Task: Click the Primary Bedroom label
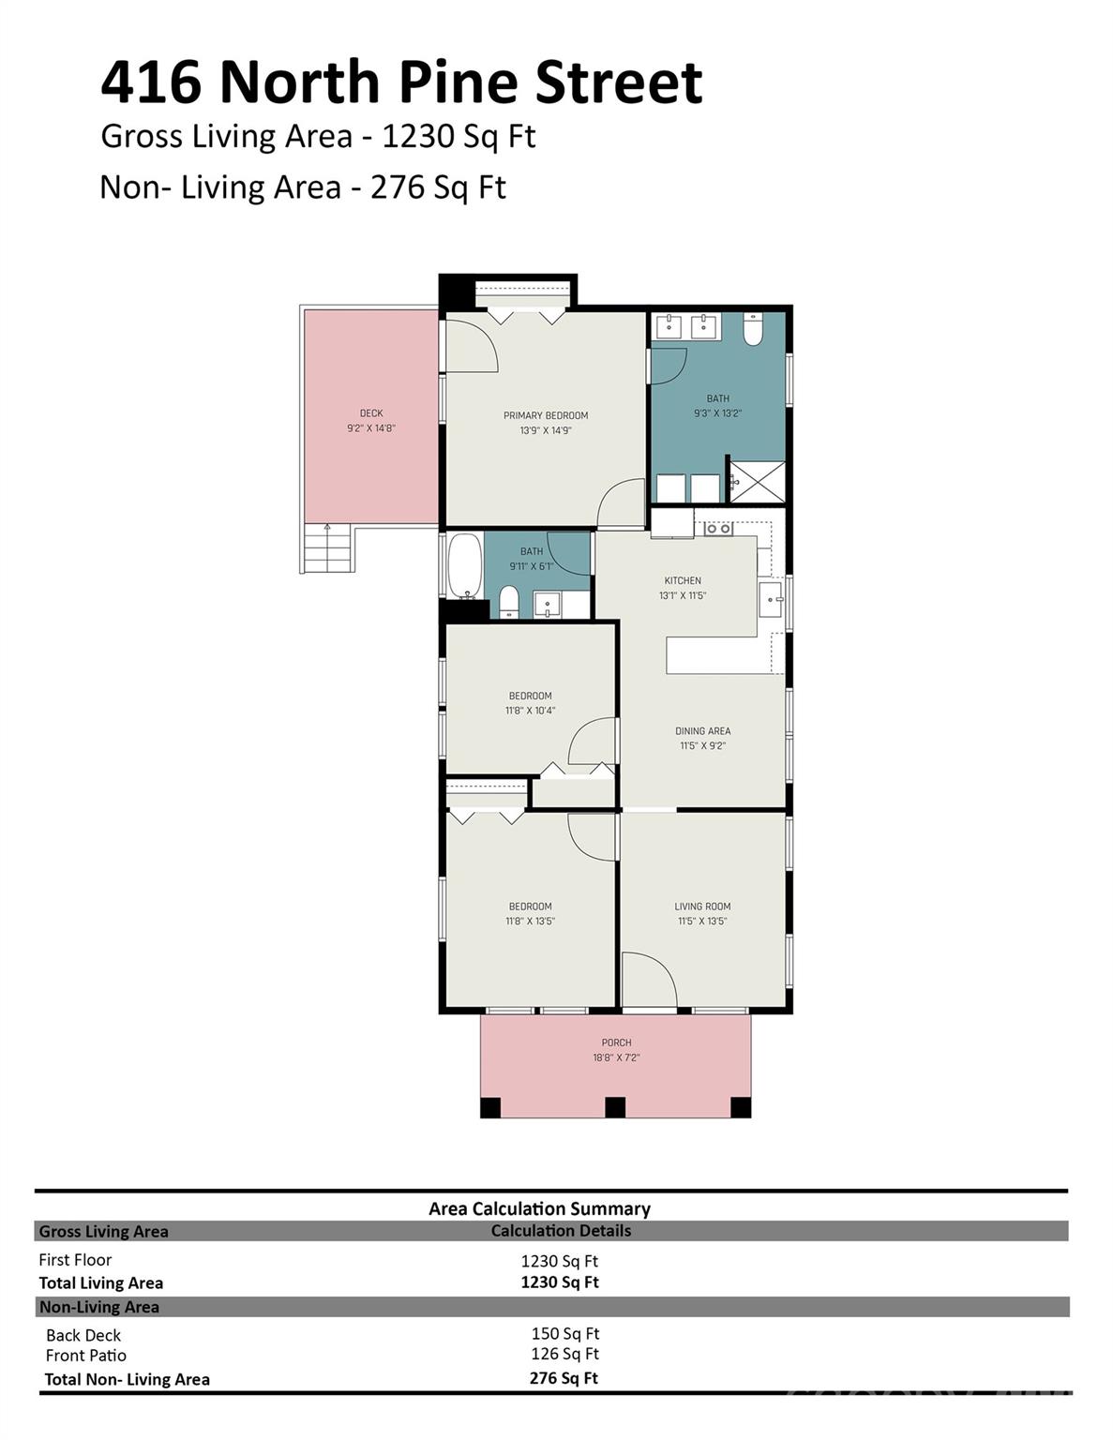click(x=546, y=415)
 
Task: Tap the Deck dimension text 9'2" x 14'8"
click(x=371, y=428)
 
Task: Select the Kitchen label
click(x=683, y=580)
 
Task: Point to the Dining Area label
click(x=702, y=731)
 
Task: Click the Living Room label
click(x=702, y=907)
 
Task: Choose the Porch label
click(x=616, y=1042)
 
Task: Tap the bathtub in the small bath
click(x=464, y=565)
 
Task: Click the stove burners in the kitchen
click(x=718, y=529)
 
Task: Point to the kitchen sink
click(x=772, y=598)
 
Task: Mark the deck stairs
click(x=326, y=549)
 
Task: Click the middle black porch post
click(x=615, y=1107)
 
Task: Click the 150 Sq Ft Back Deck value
click(x=564, y=1333)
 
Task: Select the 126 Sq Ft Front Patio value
click(x=564, y=1354)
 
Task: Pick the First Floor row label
click(x=75, y=1260)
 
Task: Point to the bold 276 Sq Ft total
click(x=564, y=1377)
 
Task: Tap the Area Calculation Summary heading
click(x=539, y=1208)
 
